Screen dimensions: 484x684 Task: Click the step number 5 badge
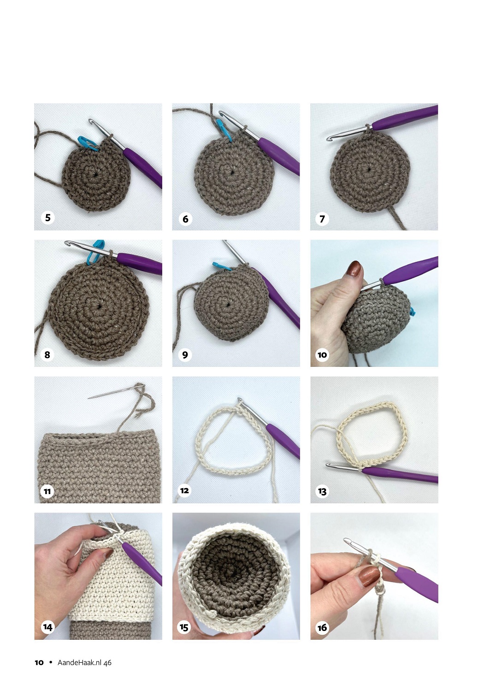tap(48, 218)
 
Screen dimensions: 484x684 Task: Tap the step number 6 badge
tap(185, 218)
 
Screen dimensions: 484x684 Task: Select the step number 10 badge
tap(322, 355)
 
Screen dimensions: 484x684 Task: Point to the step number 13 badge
tap(322, 491)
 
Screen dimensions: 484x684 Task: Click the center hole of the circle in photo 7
tap(369, 168)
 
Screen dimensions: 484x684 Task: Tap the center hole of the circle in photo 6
tap(232, 172)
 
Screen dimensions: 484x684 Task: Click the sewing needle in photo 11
tap(116, 391)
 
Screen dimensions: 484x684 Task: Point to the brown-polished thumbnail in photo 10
tap(354, 268)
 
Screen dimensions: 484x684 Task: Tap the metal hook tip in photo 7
tap(329, 139)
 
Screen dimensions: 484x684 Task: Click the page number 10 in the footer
tap(39, 662)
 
